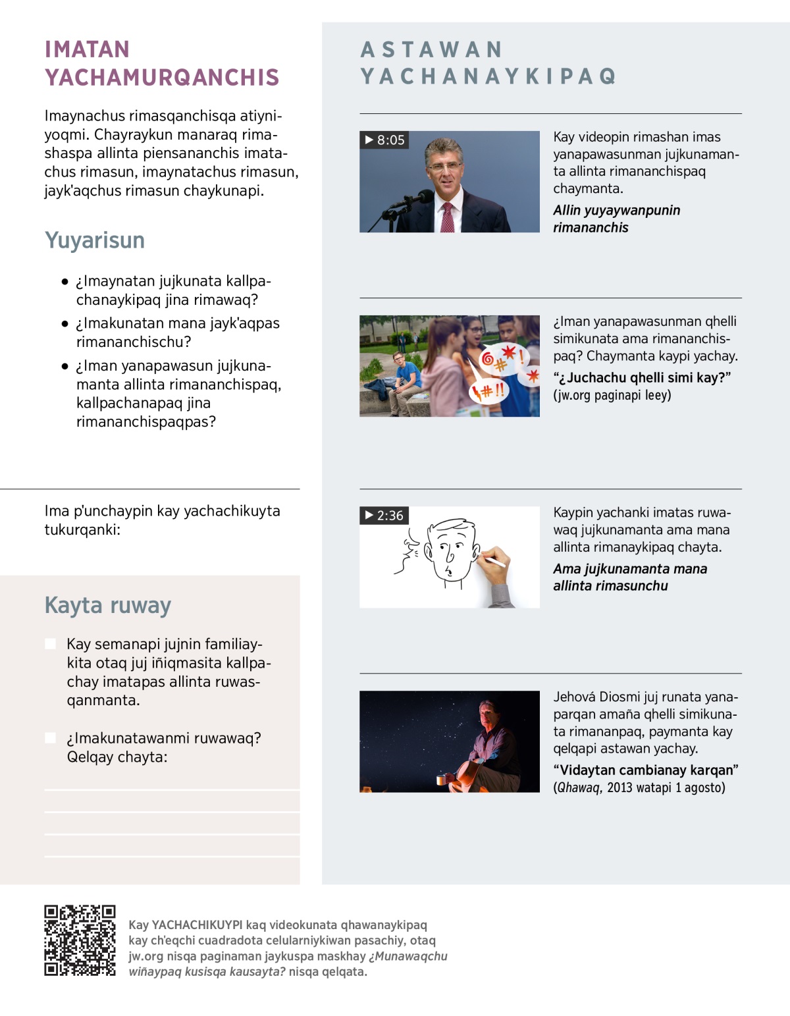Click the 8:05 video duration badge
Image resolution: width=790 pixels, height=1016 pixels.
(x=384, y=140)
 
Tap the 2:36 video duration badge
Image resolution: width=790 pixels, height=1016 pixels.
(x=384, y=516)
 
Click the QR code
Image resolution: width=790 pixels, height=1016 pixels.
(x=80, y=940)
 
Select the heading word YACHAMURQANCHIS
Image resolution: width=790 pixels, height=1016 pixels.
(x=163, y=78)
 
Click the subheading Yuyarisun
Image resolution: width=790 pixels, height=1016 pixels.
(x=95, y=240)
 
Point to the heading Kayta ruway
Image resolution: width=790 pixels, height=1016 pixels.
(x=108, y=605)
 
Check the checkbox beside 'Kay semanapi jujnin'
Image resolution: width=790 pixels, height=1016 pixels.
(x=50, y=644)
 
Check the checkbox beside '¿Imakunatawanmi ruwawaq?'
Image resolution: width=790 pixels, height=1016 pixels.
(x=50, y=738)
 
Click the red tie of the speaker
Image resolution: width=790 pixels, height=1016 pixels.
(x=448, y=217)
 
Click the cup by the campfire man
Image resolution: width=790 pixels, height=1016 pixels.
(x=440, y=780)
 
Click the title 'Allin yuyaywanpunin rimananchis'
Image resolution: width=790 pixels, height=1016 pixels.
(x=616, y=219)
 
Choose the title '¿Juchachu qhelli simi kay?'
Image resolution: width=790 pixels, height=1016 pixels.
(x=642, y=378)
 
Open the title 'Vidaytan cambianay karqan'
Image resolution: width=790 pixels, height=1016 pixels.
(x=645, y=770)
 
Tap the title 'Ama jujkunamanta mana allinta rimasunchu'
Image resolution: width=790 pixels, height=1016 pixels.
(x=629, y=577)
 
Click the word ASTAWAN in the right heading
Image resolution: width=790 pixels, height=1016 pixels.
(x=432, y=50)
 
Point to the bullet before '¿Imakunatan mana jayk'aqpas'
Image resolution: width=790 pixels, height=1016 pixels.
(x=65, y=324)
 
